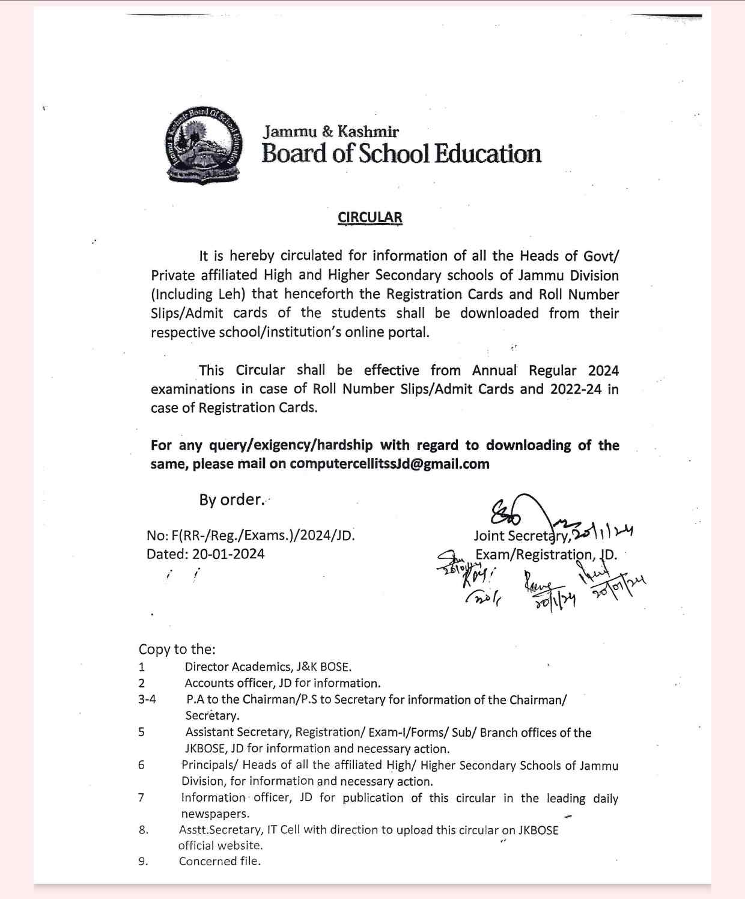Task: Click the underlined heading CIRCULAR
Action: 369,218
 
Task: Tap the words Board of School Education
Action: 401,154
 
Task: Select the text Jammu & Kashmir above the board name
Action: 331,131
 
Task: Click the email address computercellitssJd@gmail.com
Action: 389,464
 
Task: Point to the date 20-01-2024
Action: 228,554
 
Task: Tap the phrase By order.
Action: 231,499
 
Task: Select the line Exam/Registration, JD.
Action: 546,554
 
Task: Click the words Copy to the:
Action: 177,649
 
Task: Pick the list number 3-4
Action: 147,699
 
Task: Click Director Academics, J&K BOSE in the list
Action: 268,666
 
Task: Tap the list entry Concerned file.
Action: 220,861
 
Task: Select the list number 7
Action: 141,797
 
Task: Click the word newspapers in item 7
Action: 214,814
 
